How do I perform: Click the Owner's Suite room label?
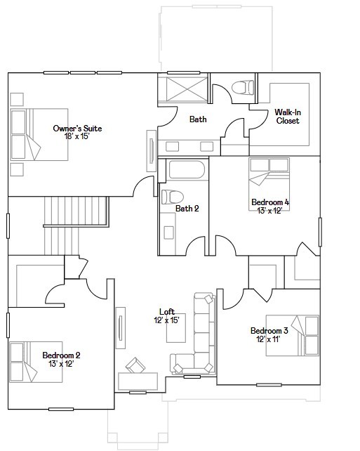coord(78,129)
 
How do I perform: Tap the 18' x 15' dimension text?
coord(78,137)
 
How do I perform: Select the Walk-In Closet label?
coord(287,117)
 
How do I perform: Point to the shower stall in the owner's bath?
coord(183,90)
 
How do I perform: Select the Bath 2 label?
coord(187,209)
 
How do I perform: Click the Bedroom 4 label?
coord(270,202)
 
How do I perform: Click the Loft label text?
coord(166,312)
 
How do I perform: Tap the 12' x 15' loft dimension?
coord(166,320)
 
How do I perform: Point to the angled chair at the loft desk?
coord(135,366)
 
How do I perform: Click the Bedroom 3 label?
coord(269,331)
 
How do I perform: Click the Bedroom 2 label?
coord(61,355)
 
